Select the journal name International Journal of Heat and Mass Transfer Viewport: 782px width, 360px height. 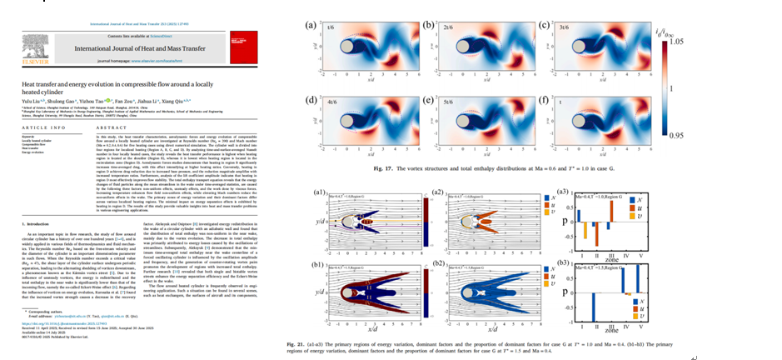[142, 47]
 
